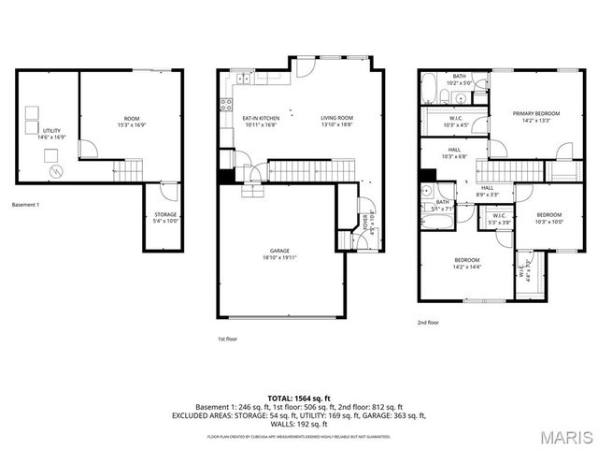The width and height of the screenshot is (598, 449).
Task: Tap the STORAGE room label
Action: coord(165,214)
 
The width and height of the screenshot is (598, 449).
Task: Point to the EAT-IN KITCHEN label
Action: coord(262,118)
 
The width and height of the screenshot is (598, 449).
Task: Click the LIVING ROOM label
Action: coord(335,118)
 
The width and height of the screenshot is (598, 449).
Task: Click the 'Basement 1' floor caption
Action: coord(25,204)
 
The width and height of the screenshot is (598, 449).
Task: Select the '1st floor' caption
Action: coord(227,339)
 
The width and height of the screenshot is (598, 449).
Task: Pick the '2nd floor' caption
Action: coord(428,322)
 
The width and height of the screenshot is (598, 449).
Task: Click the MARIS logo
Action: coord(564,436)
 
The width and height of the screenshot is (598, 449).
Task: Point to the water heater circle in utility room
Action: coord(55,172)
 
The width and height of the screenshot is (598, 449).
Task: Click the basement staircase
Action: coord(130,170)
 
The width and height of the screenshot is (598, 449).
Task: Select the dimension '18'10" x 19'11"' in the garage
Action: coord(280,257)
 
